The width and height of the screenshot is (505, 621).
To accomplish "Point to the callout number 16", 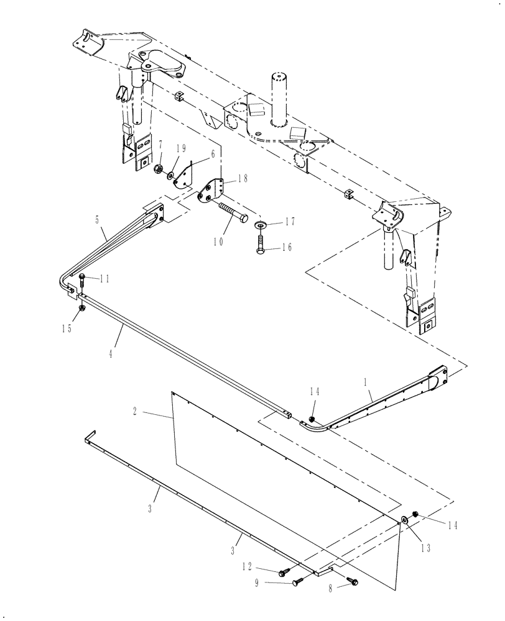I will click(x=287, y=247).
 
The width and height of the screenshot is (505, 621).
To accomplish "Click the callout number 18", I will click(x=243, y=178).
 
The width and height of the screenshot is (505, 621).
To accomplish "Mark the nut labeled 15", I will click(x=81, y=309).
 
